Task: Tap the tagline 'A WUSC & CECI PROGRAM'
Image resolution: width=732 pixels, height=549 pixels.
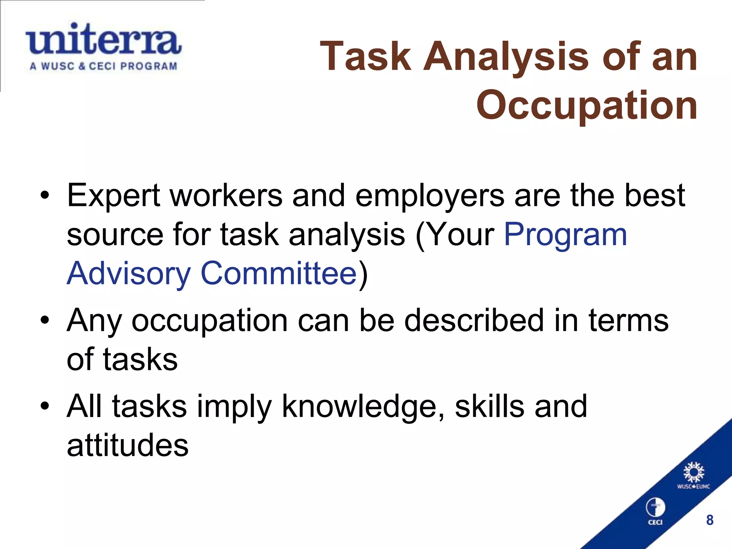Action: point(104,66)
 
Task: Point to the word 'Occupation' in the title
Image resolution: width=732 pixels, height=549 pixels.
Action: point(587,105)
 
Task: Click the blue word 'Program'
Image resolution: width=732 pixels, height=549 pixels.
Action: point(565,235)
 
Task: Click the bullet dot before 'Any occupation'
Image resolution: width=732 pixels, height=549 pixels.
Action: point(44,320)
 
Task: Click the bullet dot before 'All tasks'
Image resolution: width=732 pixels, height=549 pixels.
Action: point(44,406)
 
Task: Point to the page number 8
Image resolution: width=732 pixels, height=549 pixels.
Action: point(710,520)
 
